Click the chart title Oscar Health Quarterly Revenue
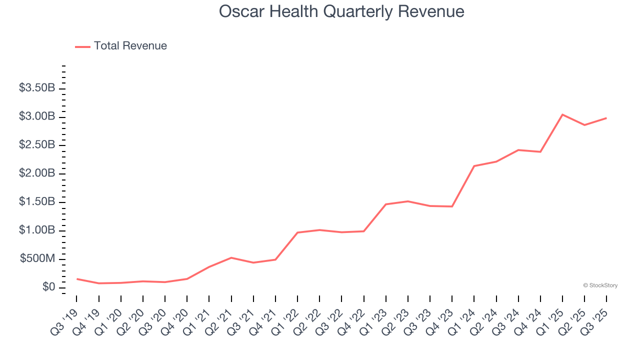(x=341, y=11)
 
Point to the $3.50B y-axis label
(x=37, y=88)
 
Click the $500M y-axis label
(x=37, y=258)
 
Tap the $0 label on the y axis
(x=49, y=287)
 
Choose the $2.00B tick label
(x=37, y=173)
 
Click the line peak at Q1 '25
(x=562, y=114)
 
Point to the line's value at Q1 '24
(x=474, y=166)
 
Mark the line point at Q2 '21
(x=231, y=257)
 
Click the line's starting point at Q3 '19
(x=76, y=278)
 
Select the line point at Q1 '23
(x=386, y=204)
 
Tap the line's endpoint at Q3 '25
(x=606, y=118)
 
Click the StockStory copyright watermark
(x=600, y=285)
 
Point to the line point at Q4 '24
(x=540, y=151)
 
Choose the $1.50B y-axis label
(x=37, y=201)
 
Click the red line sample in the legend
(x=82, y=46)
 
